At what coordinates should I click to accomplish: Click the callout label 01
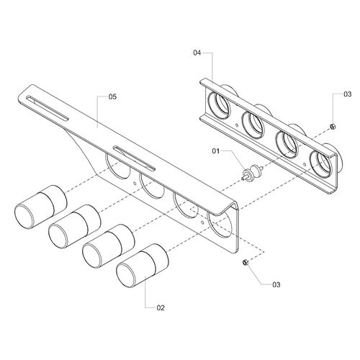click(x=216, y=151)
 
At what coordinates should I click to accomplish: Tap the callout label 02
click(x=161, y=307)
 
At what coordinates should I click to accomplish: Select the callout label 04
click(x=197, y=53)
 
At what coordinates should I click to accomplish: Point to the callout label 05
click(x=112, y=96)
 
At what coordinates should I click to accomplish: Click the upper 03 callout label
click(x=347, y=94)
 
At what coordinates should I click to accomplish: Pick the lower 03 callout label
click(x=276, y=284)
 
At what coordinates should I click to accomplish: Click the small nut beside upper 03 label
click(x=333, y=126)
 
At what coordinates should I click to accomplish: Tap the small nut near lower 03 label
click(x=246, y=262)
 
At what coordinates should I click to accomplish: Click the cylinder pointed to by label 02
click(x=142, y=266)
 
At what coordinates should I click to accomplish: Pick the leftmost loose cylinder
click(x=41, y=207)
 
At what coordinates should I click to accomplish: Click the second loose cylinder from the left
click(x=75, y=227)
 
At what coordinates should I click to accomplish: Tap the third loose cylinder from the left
click(x=109, y=246)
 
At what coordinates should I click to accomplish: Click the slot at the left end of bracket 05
click(x=48, y=108)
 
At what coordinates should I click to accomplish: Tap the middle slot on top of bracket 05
click(x=134, y=158)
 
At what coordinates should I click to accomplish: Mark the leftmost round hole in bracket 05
click(x=117, y=166)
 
